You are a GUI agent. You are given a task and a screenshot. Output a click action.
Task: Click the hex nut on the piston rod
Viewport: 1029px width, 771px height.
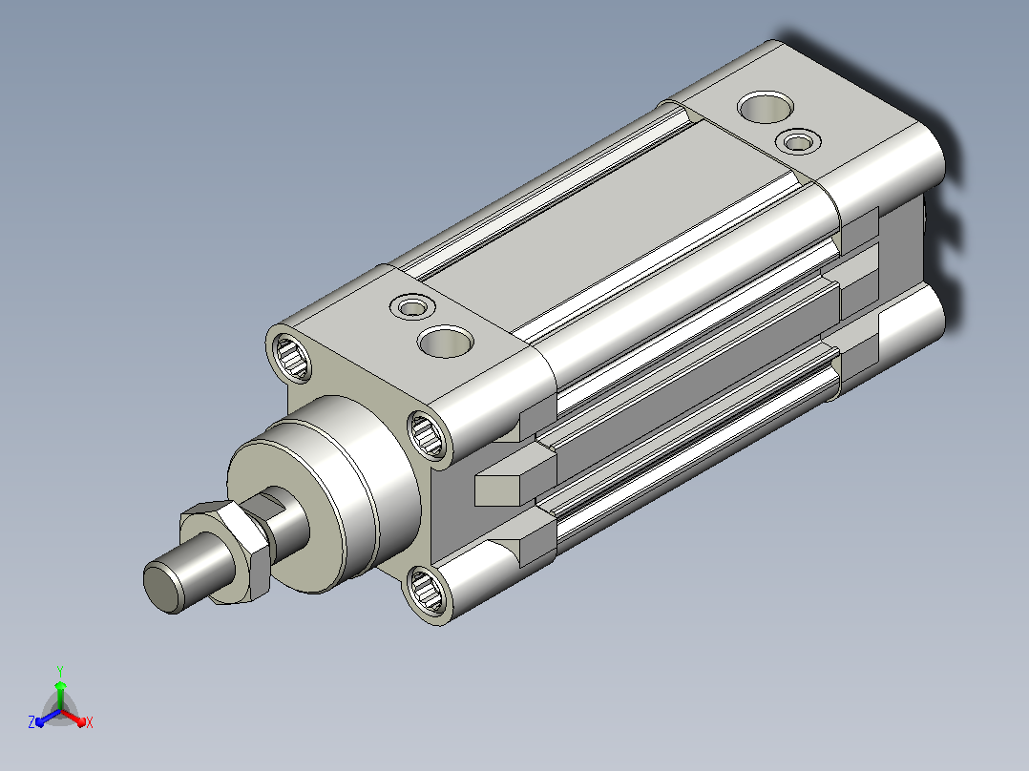point(226,550)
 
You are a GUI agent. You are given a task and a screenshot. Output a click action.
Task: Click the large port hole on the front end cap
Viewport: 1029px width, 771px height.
point(446,342)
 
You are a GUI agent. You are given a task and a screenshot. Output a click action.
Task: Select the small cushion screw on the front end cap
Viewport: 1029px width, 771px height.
point(412,307)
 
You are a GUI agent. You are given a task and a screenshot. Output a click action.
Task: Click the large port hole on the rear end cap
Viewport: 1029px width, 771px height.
point(766,107)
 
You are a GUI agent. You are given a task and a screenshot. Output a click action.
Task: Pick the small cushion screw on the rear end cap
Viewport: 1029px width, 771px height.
point(798,142)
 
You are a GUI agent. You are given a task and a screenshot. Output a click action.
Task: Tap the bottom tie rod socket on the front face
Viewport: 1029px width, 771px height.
point(426,591)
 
